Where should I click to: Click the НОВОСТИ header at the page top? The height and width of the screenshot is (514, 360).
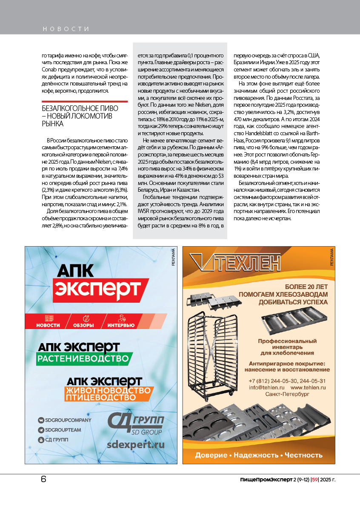click(66, 29)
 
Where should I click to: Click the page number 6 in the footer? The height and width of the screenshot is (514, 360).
click(43, 479)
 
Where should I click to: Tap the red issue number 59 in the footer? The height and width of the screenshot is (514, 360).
click(315, 480)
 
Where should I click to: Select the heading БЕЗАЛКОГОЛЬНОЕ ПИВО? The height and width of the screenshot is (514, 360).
click(80, 108)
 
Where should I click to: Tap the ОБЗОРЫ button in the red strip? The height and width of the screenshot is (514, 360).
click(83, 325)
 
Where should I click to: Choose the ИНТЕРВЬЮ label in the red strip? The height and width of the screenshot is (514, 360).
click(121, 325)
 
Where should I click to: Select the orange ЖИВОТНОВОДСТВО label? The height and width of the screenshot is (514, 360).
click(108, 390)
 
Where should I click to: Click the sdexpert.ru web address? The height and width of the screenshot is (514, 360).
click(136, 444)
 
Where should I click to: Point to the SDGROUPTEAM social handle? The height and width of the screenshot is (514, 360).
click(63, 430)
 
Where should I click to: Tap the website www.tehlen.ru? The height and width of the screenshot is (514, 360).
click(309, 388)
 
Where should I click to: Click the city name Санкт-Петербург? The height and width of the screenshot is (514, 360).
click(287, 395)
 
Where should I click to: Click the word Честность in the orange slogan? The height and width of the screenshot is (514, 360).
click(304, 455)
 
